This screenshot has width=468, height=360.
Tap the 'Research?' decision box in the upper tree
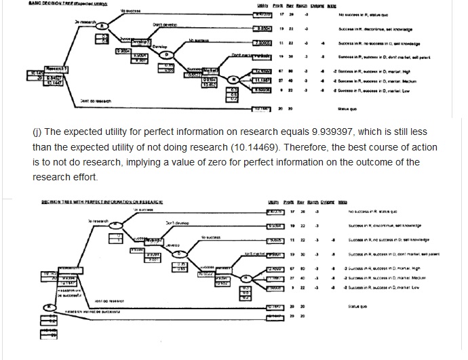[41, 70]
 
